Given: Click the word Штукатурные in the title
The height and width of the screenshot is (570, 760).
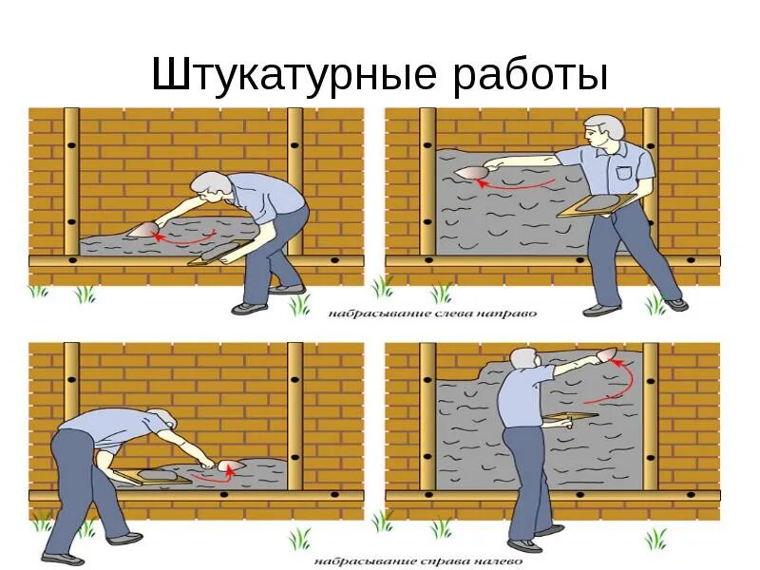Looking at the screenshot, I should (294, 76).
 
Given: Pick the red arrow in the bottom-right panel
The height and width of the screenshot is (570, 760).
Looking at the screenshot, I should (621, 379).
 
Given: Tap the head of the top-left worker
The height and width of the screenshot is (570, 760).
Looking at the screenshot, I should (208, 185).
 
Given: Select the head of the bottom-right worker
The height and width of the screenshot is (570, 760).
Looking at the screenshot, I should (523, 360).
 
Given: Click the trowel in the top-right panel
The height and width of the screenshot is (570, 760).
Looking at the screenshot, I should (470, 172).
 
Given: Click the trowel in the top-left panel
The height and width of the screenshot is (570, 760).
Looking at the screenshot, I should (140, 230).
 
